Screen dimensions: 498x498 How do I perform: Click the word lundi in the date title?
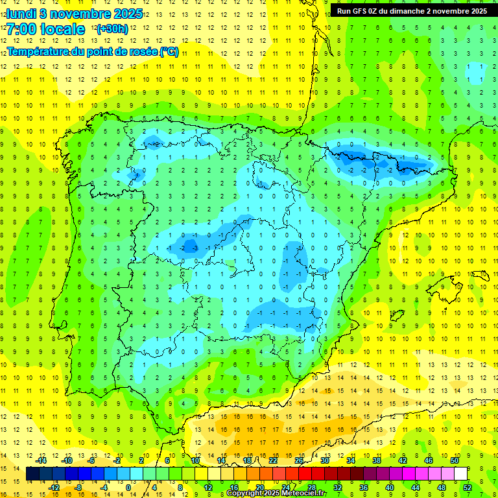[22, 14]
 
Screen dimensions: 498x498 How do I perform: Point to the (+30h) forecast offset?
[112, 29]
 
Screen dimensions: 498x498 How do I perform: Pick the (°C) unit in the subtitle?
[169, 52]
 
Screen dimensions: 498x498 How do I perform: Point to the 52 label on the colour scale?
[468, 487]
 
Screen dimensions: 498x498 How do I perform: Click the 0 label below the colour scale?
[128, 487]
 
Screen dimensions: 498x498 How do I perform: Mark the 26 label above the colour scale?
[299, 460]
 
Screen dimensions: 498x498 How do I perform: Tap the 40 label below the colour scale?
[389, 487]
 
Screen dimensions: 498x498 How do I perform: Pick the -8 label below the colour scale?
[78, 487]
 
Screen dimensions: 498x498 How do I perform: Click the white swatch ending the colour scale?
[460, 474]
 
